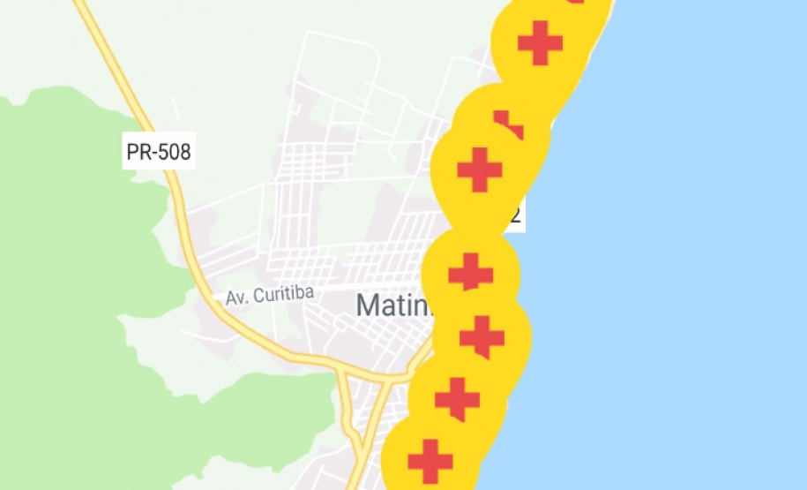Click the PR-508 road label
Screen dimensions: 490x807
coord(158,152)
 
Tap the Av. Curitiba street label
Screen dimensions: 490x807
coord(270,295)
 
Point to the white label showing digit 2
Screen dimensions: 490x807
coord(516,214)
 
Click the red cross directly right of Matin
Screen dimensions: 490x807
coord(470,273)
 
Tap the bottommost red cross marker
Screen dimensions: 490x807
coord(430,461)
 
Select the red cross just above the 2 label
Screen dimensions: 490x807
coord(480,170)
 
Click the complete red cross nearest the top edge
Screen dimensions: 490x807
coord(540,42)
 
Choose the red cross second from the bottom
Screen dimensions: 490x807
coord(457,398)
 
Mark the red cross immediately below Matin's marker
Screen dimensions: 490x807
coord(482,336)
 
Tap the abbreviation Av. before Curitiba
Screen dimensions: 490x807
coord(236,298)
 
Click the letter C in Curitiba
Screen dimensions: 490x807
coord(258,296)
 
